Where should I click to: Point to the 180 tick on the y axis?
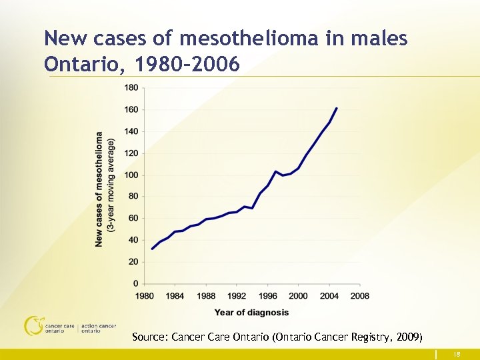click(x=131, y=87)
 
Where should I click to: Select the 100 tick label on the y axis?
click(x=131, y=175)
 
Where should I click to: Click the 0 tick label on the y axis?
click(x=135, y=284)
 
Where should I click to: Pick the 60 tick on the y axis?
click(x=133, y=218)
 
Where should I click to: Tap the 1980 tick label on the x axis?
click(x=145, y=295)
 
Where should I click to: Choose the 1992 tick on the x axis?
click(x=237, y=295)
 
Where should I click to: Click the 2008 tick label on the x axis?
click(x=359, y=295)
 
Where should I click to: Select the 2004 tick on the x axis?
click(x=329, y=295)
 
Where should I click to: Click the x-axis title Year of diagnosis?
click(x=251, y=313)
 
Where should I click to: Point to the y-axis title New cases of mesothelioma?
click(x=99, y=188)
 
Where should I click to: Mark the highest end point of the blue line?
click(x=337, y=108)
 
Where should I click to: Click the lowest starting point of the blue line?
click(x=153, y=249)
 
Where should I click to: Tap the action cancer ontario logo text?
click(x=98, y=328)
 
